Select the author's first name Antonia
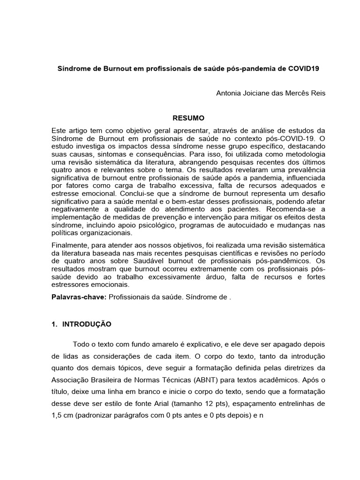pos(229,93)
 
